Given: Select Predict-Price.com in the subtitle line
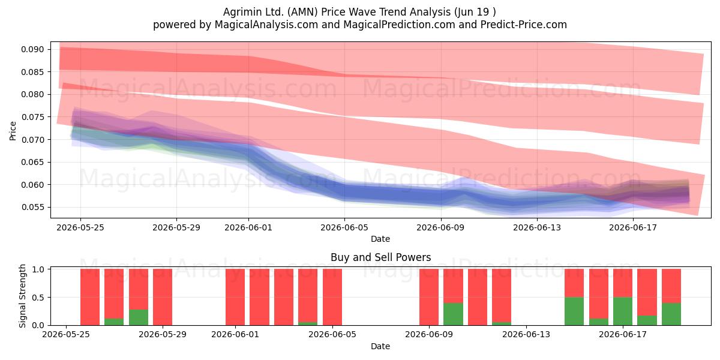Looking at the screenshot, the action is pos(524,25).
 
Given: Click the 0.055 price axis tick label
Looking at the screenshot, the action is pos(32,207).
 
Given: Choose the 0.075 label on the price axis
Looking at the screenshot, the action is pos(32,117).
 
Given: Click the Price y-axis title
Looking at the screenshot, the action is pos(13,131).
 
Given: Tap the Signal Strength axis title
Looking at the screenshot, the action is pos(22,296).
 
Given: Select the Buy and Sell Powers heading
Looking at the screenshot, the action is pos(380,257).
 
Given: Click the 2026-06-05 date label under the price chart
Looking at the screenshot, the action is pos(344,227).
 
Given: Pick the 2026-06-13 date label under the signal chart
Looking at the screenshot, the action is pos(526,335).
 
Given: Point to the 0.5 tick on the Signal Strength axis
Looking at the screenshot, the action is pos(38,298).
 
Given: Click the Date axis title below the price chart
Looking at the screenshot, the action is pos(380,239).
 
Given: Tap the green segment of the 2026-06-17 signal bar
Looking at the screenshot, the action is pos(623,311).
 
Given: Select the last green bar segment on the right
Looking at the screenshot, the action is pos(671,314).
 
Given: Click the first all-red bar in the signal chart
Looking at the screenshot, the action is pos(89,297).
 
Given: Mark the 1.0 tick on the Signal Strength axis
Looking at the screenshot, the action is pos(38,269).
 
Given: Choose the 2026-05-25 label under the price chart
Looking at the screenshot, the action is pos(80,227).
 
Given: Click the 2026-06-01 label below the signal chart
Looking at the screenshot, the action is pos(235,335).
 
